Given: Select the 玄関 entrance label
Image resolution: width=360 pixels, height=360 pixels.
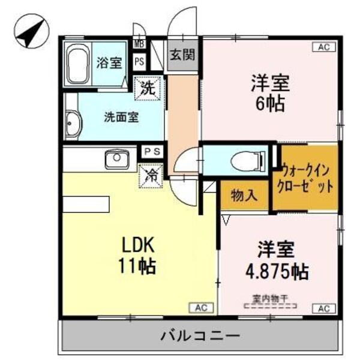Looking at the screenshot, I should [181, 55].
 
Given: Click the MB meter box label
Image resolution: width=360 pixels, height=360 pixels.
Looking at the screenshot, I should [139, 44].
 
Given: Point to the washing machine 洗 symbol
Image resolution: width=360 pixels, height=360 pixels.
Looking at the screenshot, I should [148, 88].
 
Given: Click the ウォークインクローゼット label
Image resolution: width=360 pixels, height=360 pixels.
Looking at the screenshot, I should [306, 178].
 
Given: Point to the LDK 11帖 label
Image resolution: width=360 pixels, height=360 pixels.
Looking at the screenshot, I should [139, 255].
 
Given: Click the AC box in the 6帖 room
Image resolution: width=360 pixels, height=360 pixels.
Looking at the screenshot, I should [323, 47].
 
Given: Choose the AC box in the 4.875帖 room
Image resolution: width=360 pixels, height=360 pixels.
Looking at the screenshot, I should [323, 308].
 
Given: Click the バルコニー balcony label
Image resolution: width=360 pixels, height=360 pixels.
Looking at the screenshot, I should [200, 335].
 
